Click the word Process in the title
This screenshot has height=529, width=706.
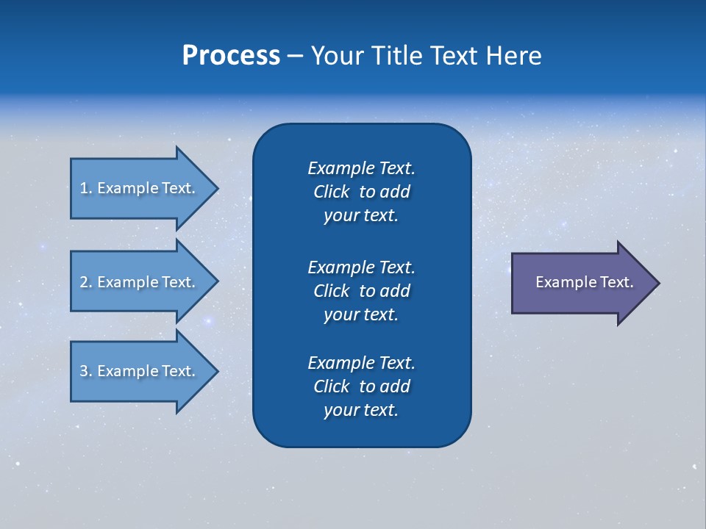click(x=231, y=55)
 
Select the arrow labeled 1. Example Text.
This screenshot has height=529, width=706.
click(x=138, y=188)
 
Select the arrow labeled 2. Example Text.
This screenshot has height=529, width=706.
click(x=138, y=282)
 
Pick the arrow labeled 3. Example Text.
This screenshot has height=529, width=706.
click(x=138, y=371)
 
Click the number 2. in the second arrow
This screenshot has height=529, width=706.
click(x=85, y=282)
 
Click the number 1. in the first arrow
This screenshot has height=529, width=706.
click(x=85, y=188)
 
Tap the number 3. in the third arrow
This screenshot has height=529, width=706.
click(x=85, y=371)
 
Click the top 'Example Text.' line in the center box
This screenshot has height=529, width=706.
click(x=361, y=168)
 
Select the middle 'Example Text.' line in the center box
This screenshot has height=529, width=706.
click(x=361, y=267)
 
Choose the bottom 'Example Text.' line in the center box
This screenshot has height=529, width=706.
click(x=361, y=363)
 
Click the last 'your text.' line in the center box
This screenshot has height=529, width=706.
click(x=361, y=410)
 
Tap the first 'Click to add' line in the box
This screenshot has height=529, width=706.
click(x=361, y=192)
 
